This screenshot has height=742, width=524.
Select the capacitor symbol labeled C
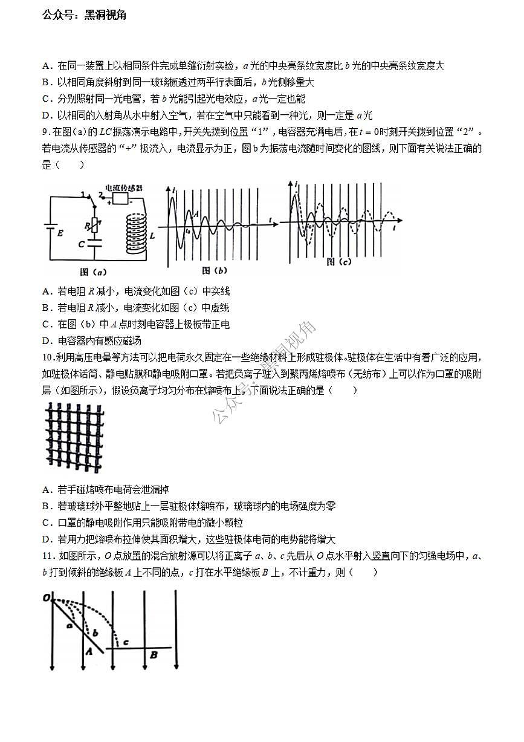click(92, 243)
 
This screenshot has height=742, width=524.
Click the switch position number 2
click(100, 195)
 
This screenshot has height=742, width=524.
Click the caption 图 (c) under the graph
click(338, 262)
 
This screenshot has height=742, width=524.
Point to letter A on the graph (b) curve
click(195, 213)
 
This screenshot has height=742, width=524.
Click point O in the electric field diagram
click(46, 598)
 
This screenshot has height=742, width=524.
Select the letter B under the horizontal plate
click(154, 654)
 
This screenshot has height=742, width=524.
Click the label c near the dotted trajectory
click(125, 642)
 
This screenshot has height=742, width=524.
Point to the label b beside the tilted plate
click(95, 633)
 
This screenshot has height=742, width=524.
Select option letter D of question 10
click(46, 539)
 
